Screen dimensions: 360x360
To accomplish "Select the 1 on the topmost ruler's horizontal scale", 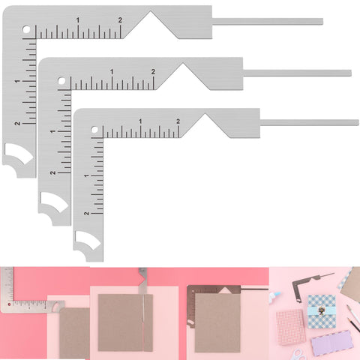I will pos(79,19).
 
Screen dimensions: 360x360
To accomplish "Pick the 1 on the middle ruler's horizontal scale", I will pos(112,71).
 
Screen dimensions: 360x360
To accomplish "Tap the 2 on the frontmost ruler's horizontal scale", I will pos(178,121).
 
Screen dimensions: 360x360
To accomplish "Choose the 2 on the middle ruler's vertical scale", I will pos(52,172).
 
